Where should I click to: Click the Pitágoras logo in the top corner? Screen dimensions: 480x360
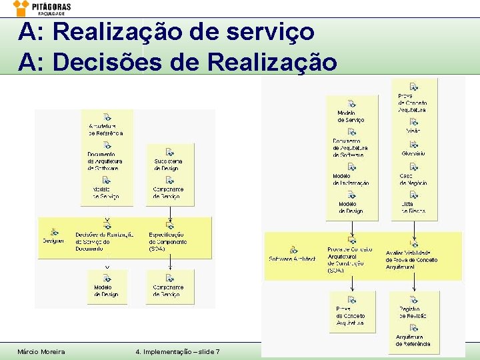click(41, 9)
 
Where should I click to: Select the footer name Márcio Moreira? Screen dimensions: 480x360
click(41, 351)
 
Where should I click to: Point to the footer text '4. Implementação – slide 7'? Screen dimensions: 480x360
click(177, 351)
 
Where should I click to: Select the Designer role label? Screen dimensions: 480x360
click(53, 241)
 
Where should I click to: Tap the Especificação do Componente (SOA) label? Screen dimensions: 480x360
click(167, 241)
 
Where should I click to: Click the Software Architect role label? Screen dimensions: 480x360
click(292, 259)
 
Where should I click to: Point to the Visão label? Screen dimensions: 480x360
click(413, 131)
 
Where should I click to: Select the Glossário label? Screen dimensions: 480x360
click(413, 154)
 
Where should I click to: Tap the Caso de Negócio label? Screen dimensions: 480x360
click(413, 179)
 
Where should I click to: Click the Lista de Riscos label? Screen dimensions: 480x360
click(413, 207)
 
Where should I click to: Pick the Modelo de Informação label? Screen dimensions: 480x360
click(351, 179)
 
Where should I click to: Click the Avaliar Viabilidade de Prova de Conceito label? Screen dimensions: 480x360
click(412, 260)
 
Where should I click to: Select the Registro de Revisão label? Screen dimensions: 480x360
click(413, 312)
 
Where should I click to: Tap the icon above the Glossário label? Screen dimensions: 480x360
click(414, 144)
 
